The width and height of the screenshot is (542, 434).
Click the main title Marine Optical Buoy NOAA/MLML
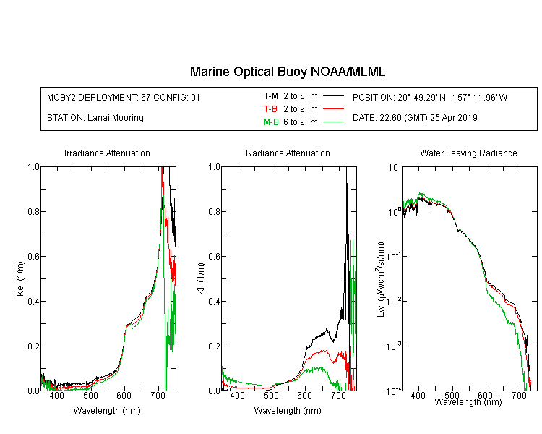pyautogui.click(x=287, y=72)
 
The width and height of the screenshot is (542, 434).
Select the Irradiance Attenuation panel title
pyautogui.click(x=107, y=153)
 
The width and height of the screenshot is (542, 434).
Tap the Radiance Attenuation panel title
pyautogui.click(x=288, y=153)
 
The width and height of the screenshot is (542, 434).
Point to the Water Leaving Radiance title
pyautogui.click(x=468, y=153)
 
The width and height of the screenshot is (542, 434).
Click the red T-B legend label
pyautogui.click(x=270, y=109)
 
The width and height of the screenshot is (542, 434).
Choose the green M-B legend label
pyautogui.click(x=271, y=122)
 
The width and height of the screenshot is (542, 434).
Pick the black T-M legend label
pyautogui.click(x=271, y=96)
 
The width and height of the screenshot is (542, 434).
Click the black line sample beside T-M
pyautogui.click(x=333, y=96)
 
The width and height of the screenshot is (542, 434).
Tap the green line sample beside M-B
pyautogui.click(x=333, y=122)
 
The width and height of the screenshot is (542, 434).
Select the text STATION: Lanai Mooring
pyautogui.click(x=95, y=118)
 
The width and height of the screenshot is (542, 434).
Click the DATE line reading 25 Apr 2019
pyautogui.click(x=415, y=118)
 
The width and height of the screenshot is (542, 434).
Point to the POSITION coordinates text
pyautogui.click(x=430, y=97)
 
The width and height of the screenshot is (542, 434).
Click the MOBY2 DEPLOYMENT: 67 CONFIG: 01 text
pyautogui.click(x=124, y=97)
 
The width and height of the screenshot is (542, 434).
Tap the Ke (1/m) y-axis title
pyautogui.click(x=20, y=278)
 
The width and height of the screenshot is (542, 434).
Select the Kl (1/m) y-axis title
pyautogui.click(x=201, y=278)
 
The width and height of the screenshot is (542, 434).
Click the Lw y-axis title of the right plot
pyautogui.click(x=381, y=279)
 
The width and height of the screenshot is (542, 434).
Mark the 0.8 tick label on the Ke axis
pyautogui.click(x=33, y=211)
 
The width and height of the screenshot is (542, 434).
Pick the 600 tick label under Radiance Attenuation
pyautogui.click(x=304, y=395)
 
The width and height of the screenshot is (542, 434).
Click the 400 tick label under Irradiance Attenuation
pyautogui.click(x=57, y=395)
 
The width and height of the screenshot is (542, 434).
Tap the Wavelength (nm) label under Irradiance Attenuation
pyautogui.click(x=107, y=411)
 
